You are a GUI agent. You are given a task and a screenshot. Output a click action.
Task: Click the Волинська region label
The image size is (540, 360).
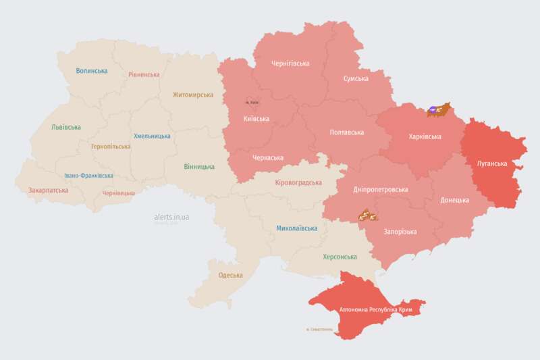coord(92,71)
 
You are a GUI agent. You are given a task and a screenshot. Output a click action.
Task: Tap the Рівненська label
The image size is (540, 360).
coord(144,75)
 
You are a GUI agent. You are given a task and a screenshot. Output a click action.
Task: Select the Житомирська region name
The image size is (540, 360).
coord(193,95)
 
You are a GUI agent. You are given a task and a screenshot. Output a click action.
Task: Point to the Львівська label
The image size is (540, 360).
coord(66,127)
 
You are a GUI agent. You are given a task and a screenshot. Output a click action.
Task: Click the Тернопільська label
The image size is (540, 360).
coord(111,146)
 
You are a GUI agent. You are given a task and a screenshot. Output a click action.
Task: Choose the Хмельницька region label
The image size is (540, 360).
coord(152,136)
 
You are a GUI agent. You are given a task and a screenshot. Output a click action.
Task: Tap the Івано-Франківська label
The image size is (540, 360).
coord(88,176)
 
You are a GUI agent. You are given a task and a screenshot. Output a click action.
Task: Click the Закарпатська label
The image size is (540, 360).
coord(48,190)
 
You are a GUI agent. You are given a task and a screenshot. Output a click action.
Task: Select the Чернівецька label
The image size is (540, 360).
coord(118,193)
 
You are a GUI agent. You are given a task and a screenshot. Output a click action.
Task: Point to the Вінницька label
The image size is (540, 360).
coord(199,166)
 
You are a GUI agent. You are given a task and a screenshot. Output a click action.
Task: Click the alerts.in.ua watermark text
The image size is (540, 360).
coord(171,217)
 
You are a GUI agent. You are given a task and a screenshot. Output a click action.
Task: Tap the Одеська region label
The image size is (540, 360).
coord(230,275)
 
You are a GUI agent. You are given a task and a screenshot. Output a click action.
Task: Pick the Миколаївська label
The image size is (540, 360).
coord(296,228)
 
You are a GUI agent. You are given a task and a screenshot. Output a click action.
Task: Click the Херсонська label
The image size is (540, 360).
coord(340,257)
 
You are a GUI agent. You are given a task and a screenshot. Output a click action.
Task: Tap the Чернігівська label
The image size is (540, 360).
coord(290,63)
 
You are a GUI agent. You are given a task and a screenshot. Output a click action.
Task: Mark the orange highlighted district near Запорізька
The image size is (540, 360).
coord(367,216)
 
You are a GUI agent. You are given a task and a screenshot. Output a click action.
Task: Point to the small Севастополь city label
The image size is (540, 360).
coord(319,330)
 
